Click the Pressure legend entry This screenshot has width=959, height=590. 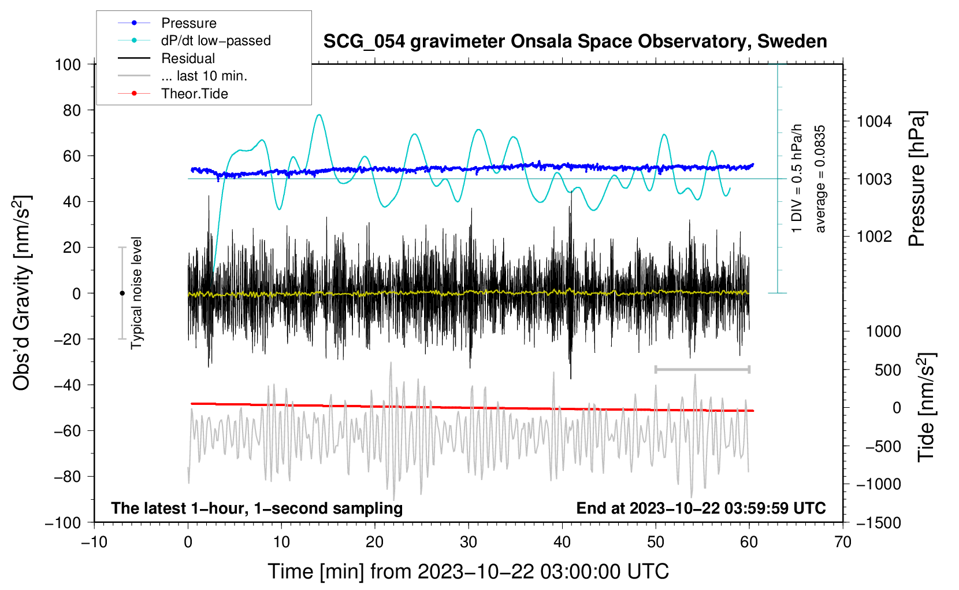click(167, 23)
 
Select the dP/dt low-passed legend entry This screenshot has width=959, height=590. click(194, 40)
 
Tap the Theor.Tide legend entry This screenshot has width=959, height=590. click(173, 94)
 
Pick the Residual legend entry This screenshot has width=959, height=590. click(166, 58)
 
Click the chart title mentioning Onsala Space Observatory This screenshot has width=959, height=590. click(575, 42)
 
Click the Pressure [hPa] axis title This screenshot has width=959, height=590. click(917, 179)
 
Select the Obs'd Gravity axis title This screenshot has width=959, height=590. click(21, 293)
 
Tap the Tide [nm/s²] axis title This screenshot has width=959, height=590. click(927, 407)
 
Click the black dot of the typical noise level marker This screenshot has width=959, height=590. click(122, 293)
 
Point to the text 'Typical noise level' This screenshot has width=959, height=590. click(136, 293)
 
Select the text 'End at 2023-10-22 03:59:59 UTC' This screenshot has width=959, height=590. click(701, 508)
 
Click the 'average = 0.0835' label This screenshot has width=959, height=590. click(820, 179)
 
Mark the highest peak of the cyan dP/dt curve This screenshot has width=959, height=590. click(319, 115)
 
